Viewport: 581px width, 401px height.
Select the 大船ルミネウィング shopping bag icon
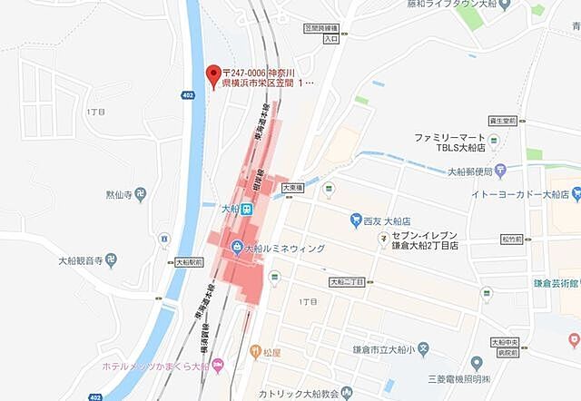click(x=235, y=247)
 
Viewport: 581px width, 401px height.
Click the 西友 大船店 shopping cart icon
click(x=356, y=220)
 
